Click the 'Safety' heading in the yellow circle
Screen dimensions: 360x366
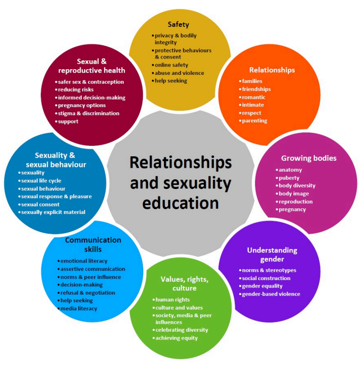[178, 25]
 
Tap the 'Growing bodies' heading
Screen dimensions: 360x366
[308, 158]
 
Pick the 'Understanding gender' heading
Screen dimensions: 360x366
[272, 255]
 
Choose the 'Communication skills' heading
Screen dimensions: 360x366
[93, 244]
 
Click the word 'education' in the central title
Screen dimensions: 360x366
[181, 203]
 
